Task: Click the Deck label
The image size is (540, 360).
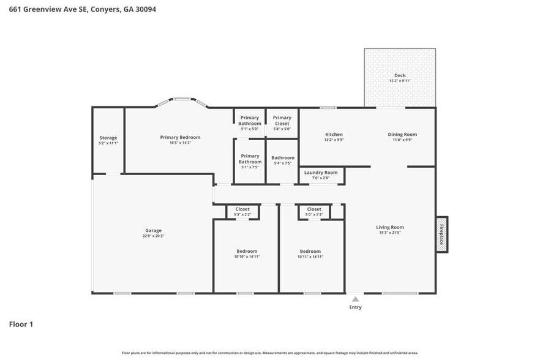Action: point(400,75)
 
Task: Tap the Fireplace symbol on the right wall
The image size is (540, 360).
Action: point(441,234)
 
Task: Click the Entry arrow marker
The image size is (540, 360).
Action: point(355,299)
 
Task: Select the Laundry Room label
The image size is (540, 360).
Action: point(321,173)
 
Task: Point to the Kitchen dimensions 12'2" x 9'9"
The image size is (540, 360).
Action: point(334,140)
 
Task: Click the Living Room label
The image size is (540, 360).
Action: point(390,227)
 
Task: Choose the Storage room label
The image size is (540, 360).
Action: point(108,138)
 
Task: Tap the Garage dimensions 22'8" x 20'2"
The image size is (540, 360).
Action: point(154,236)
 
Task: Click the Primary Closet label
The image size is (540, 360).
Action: point(282,118)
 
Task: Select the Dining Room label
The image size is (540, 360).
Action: point(402,134)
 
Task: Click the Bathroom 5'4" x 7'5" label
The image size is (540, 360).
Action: point(283,158)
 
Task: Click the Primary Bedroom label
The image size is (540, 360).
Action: point(180,137)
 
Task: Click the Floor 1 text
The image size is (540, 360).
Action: point(21,324)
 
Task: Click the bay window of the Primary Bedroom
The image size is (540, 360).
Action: point(181,100)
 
